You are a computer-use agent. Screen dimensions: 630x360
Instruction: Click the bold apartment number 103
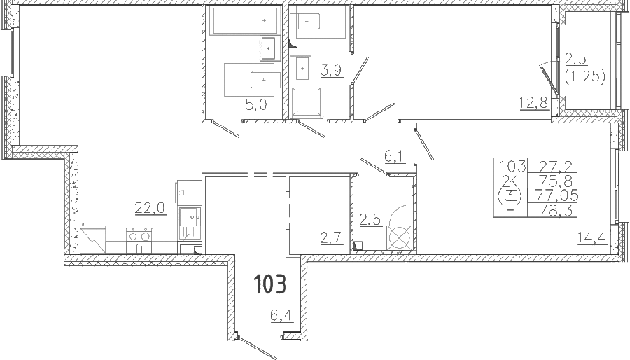[x=270, y=283]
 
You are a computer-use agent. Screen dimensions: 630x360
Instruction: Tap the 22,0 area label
[x=150, y=208]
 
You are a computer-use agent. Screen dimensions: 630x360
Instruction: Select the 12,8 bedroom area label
[x=533, y=104]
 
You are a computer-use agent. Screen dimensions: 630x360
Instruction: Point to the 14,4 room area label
[x=591, y=238]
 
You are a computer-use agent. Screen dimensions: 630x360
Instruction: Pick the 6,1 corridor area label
[x=394, y=157]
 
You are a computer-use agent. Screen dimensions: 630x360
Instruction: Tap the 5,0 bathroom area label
[x=256, y=105]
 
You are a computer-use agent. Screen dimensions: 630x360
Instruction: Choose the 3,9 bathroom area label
[x=331, y=71]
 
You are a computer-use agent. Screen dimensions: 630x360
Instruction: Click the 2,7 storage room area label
[x=332, y=238]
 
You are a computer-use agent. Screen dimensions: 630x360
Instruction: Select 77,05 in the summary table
[x=556, y=195]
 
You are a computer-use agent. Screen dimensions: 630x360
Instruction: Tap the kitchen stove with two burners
[x=139, y=240]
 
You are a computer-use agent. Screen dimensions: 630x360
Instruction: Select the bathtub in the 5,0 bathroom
[x=245, y=21]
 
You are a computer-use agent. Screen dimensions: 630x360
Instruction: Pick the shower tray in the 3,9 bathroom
[x=306, y=102]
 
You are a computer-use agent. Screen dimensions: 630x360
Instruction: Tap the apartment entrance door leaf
[x=257, y=346]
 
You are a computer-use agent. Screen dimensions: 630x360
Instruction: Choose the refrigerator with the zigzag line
[x=93, y=240]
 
